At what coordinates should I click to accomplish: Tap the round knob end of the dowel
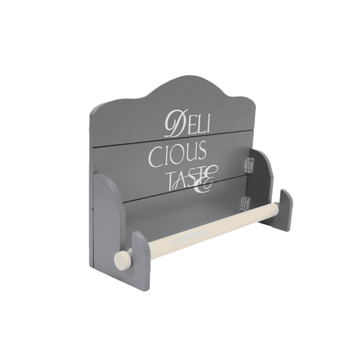point(120,259)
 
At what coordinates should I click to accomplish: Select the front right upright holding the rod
point(285,210)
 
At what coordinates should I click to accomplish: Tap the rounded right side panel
point(262,184)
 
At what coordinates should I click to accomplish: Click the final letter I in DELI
point(211,122)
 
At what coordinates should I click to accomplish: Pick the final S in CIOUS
point(202,149)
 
